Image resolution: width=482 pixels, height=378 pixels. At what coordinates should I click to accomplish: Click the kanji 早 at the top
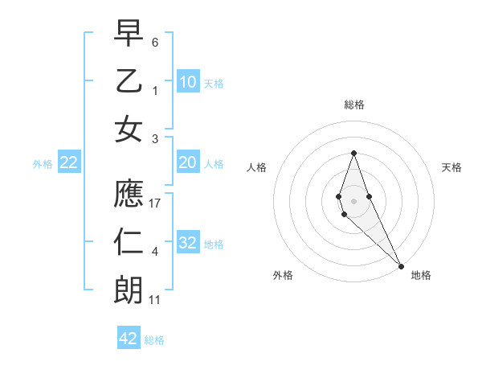coord(129,33)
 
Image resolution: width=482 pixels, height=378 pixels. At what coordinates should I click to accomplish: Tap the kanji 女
coord(129,129)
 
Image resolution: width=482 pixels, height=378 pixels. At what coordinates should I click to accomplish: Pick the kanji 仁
coord(129,242)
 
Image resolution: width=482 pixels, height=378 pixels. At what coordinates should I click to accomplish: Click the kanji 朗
coord(129,290)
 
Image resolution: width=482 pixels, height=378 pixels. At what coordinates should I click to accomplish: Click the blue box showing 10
coord(188,81)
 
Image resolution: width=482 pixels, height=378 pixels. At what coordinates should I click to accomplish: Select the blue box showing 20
coord(188,162)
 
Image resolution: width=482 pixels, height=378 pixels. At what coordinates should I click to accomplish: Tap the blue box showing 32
coord(188,243)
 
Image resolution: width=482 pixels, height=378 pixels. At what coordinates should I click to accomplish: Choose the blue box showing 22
coord(69,162)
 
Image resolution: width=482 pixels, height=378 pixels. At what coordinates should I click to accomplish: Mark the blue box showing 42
coord(129,339)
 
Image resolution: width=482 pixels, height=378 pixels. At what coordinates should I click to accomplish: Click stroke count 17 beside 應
coord(157,203)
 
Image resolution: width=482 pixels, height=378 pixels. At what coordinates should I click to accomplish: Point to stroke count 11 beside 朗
coord(156,300)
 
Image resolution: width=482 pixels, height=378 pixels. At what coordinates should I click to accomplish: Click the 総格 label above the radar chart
coord(353,105)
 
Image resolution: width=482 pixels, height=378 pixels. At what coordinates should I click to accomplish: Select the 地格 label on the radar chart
coord(421,275)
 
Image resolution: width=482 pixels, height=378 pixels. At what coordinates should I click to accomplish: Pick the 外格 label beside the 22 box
coord(43,164)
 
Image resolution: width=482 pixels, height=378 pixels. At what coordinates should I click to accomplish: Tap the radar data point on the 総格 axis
coord(353,153)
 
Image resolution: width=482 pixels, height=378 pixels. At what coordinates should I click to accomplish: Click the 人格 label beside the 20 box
coord(214,164)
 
